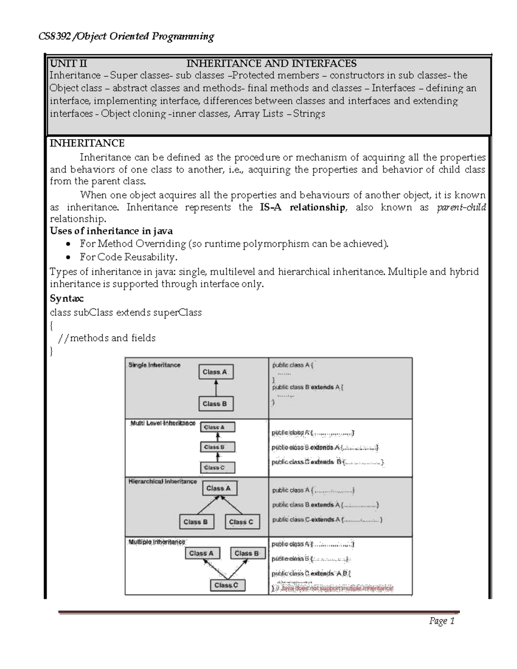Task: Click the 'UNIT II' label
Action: tap(68, 64)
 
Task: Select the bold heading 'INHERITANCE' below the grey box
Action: tap(87, 143)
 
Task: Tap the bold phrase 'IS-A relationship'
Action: tap(302, 208)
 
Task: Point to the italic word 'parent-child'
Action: tap(461, 208)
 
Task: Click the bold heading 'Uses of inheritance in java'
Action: tap(111, 231)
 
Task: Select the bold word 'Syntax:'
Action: tap(67, 299)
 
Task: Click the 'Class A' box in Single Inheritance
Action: tap(215, 372)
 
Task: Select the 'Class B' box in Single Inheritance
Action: tap(215, 404)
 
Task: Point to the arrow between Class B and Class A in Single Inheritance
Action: tap(216, 388)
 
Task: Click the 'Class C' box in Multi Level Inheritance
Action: tap(218, 467)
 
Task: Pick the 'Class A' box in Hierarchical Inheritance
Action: tap(219, 489)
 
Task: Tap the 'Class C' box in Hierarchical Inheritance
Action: tap(241, 522)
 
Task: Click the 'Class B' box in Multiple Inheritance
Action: tap(247, 554)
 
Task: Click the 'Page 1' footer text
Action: tap(442, 621)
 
